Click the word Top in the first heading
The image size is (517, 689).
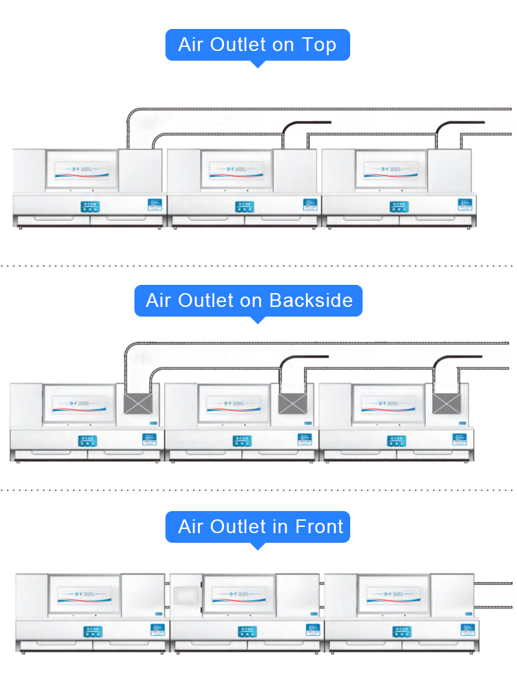click(319, 45)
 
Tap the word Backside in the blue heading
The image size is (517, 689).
click(311, 301)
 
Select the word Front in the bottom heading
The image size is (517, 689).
click(319, 527)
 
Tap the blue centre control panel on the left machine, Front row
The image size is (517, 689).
click(92, 632)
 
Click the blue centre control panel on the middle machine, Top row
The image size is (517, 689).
click(245, 206)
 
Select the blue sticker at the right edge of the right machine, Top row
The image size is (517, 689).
click(465, 205)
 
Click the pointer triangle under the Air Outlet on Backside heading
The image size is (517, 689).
click(257, 320)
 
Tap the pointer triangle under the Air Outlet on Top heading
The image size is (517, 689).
click(257, 64)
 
